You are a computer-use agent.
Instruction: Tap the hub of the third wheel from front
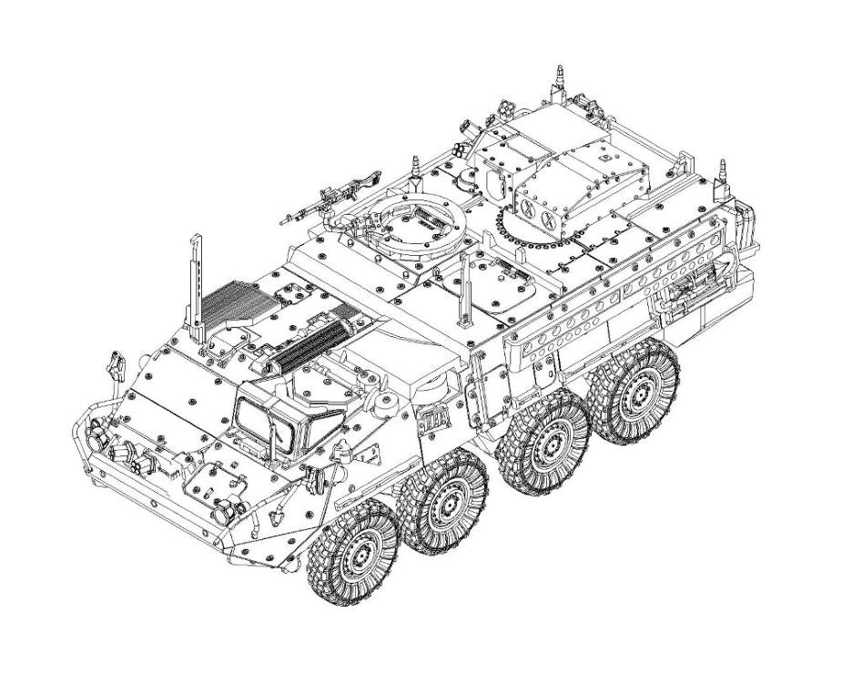(x=549, y=444)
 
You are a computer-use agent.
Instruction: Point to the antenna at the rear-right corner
(x=725, y=173)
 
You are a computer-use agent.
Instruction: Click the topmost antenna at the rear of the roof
(x=558, y=80)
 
